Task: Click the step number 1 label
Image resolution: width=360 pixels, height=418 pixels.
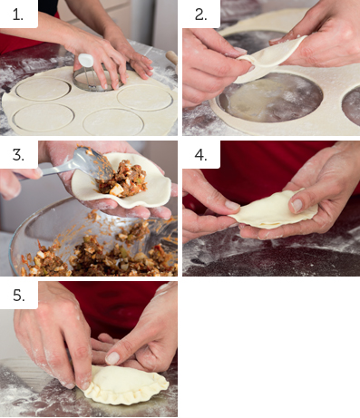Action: click(18, 15)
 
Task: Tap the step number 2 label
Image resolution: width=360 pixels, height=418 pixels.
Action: click(200, 15)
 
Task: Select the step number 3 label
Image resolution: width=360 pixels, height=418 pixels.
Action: click(18, 155)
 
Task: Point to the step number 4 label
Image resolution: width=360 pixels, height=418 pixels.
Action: click(200, 155)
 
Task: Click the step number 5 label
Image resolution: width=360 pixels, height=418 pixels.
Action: click(19, 295)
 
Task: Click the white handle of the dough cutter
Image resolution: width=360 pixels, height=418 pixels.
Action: click(85, 60)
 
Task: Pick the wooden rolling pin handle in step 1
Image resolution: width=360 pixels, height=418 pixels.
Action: click(171, 57)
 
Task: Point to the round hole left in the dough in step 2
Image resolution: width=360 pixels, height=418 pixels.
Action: click(269, 98)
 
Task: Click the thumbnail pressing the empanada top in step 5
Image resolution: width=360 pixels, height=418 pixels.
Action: click(112, 358)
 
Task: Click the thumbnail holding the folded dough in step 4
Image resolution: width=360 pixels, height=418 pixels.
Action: click(297, 206)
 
